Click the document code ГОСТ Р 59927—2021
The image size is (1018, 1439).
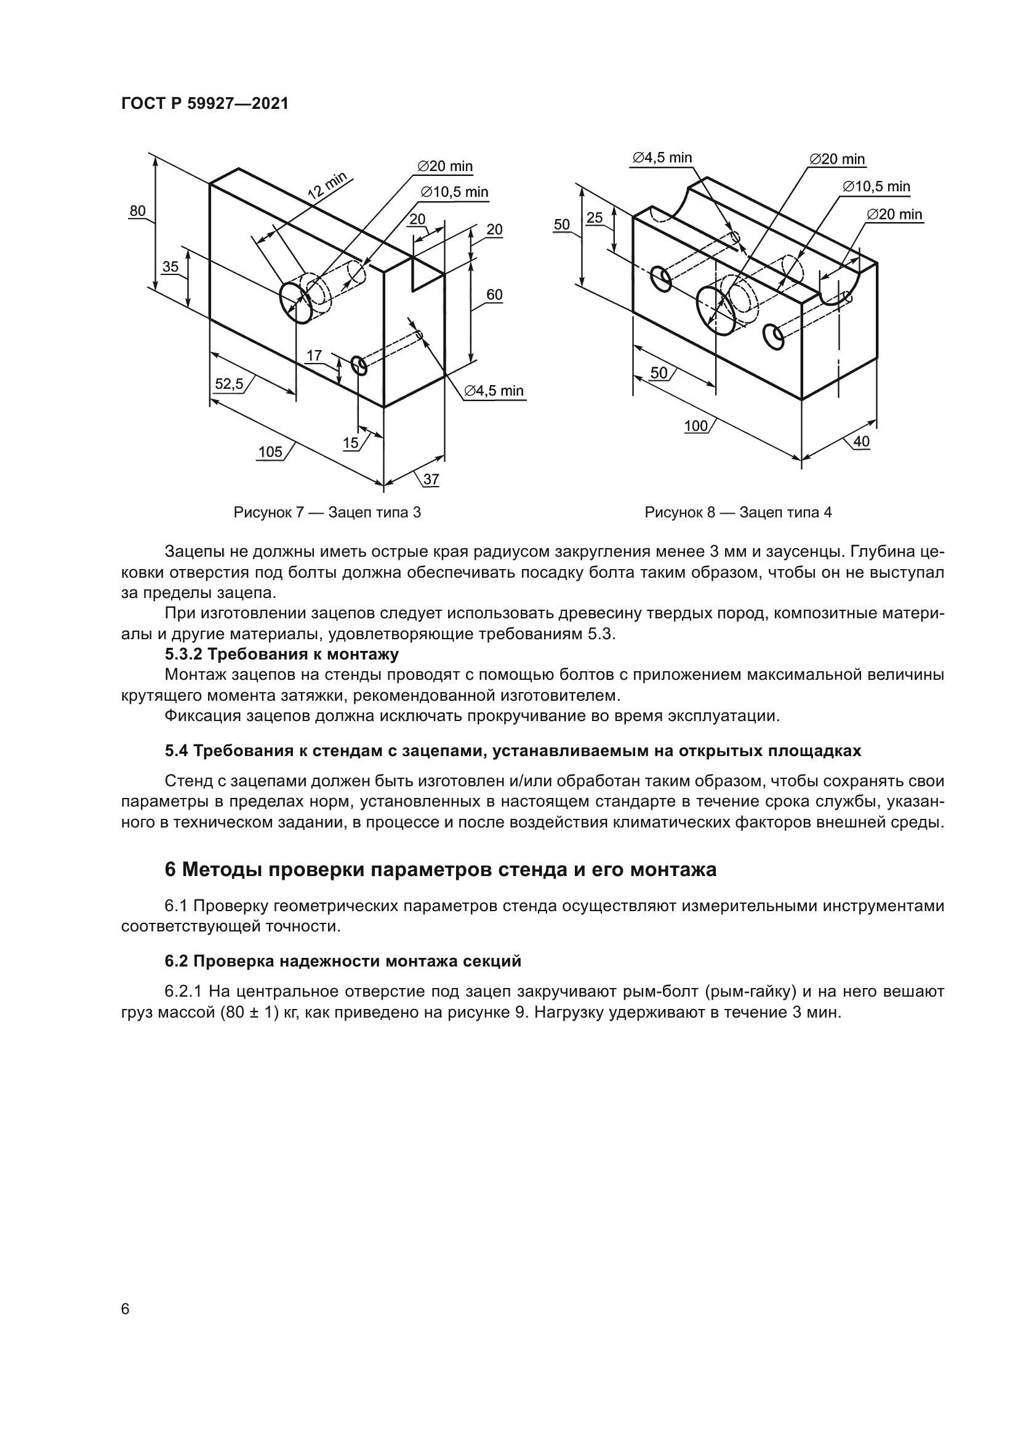[204, 104]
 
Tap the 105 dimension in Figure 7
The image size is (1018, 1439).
[270, 452]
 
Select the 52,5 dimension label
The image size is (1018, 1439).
[229, 383]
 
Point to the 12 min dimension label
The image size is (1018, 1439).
[328, 186]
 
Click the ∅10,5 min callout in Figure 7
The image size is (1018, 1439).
[454, 193]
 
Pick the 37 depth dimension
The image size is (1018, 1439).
[431, 479]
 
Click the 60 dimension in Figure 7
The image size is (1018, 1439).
[494, 295]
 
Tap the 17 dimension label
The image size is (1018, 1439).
[314, 356]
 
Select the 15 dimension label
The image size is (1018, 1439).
[350, 443]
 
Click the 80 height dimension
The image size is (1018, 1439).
[137, 210]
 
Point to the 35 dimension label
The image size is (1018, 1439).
[170, 266]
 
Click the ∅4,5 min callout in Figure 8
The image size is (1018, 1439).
[661, 158]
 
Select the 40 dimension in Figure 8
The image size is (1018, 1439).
[861, 441]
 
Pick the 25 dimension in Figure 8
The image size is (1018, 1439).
[595, 217]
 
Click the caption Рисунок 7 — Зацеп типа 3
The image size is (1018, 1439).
[327, 512]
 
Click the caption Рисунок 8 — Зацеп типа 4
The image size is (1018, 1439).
[738, 512]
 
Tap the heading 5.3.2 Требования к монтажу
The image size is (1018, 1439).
[281, 655]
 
